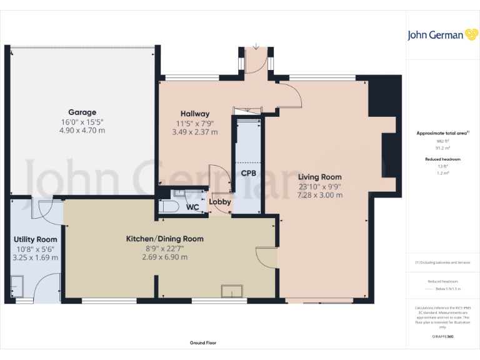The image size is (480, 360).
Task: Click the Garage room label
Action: click(x=81, y=112)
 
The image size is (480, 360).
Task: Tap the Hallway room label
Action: click(x=195, y=114)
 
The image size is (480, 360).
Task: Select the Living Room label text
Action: click(x=319, y=177)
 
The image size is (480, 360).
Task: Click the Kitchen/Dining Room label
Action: click(x=164, y=239)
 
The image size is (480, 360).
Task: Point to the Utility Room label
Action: click(x=36, y=239)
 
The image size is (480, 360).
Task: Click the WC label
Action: click(x=192, y=207)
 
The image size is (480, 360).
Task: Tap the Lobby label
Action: click(x=220, y=202)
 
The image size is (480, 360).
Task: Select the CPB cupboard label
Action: click(x=247, y=172)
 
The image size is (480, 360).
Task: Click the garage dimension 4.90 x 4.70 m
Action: click(x=81, y=131)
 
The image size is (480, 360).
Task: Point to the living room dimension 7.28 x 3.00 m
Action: click(x=319, y=195)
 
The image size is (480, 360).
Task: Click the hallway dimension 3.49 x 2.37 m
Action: click(x=195, y=132)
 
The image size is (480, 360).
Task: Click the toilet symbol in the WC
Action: click(x=169, y=207)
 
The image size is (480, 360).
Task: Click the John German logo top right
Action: click(x=442, y=35)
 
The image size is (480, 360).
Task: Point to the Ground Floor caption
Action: click(x=202, y=343)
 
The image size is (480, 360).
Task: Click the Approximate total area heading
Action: click(x=442, y=133)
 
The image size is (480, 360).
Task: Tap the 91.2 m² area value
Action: click(x=442, y=148)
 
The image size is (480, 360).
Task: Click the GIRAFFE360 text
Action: click(x=442, y=337)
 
